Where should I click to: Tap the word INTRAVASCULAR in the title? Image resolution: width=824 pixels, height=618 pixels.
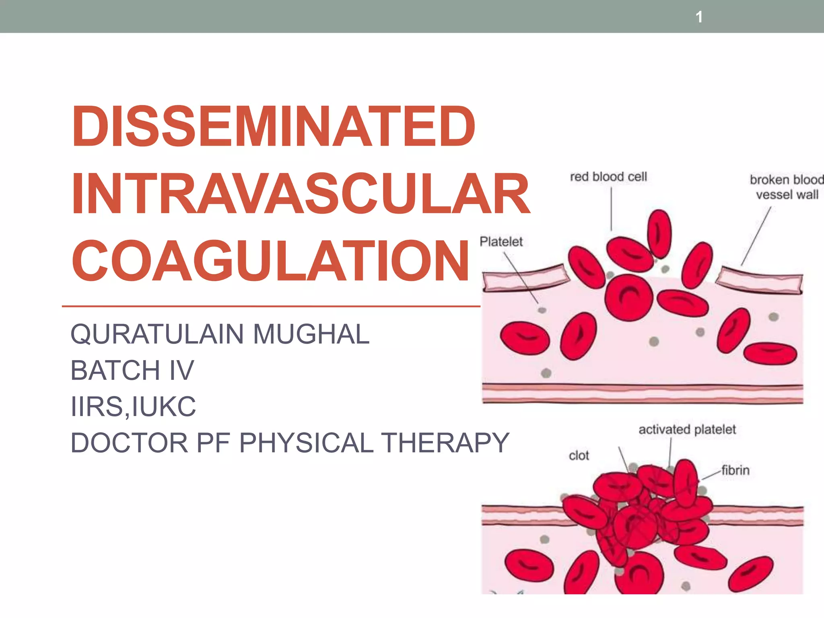tap(301, 194)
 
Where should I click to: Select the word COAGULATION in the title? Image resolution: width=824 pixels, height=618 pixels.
tap(270, 260)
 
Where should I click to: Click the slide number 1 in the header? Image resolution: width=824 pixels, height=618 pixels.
tap(699, 17)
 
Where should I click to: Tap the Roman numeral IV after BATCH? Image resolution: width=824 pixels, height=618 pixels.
tap(181, 370)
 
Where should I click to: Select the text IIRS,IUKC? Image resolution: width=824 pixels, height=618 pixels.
tap(133, 406)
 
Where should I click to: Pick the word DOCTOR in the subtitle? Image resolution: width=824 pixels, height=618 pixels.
tap(129, 443)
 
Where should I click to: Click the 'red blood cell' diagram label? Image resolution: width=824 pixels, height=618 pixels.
tap(608, 177)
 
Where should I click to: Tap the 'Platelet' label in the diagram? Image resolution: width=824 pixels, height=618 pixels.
tap(501, 242)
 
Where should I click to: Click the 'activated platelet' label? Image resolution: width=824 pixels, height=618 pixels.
tap(687, 430)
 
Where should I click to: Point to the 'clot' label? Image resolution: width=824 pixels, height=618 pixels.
tap(579, 456)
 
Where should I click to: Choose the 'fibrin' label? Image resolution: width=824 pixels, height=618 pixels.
tap(735, 470)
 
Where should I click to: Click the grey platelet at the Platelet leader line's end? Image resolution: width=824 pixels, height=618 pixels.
tap(542, 310)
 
